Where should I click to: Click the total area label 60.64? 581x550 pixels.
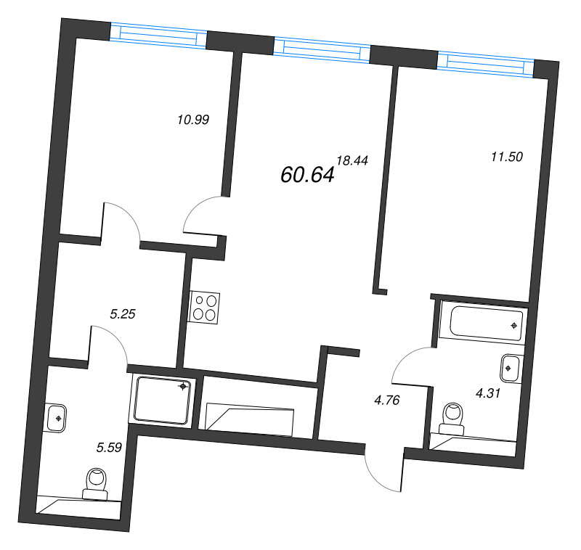pos(306,174)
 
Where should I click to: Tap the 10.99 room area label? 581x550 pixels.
pos(193,120)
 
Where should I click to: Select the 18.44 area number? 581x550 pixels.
pos(353,161)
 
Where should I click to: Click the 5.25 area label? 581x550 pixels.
pos(123,314)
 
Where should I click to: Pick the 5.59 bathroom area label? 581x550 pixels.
pos(108,448)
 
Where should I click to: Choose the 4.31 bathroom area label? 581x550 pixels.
pos(489,393)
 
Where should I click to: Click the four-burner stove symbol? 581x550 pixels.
pos(205,307)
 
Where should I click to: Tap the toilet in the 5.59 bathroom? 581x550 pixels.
pos(96,483)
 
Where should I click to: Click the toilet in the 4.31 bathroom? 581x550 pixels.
pos(453,419)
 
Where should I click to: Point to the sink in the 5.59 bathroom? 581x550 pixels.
pos(56,418)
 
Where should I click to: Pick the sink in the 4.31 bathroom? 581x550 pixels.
pos(511,368)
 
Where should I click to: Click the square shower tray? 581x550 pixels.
pos(163,401)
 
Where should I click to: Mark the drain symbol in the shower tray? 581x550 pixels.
pos(184,387)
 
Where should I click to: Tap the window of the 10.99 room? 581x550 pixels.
pos(159,34)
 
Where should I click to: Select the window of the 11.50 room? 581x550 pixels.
pos(485,64)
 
